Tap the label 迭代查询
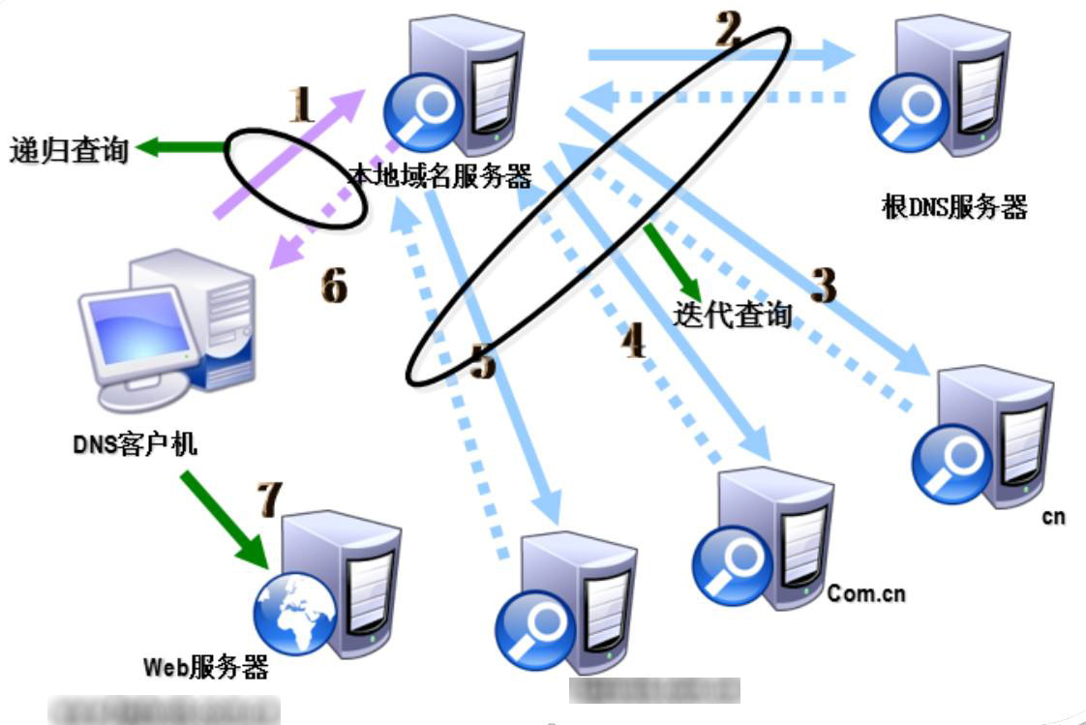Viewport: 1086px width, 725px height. (x=733, y=314)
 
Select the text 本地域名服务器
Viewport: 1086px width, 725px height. (x=440, y=176)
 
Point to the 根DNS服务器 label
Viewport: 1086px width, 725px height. (x=953, y=207)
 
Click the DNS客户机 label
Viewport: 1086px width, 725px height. (x=136, y=444)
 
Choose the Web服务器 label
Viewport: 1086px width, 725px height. (x=205, y=667)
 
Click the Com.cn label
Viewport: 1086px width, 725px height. (x=866, y=593)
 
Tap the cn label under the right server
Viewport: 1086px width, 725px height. (x=1053, y=517)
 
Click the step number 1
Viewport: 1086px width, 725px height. (x=303, y=104)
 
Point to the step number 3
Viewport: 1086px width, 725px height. (x=822, y=285)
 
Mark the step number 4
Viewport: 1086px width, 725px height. (x=633, y=340)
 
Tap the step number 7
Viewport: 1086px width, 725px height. (x=268, y=499)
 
